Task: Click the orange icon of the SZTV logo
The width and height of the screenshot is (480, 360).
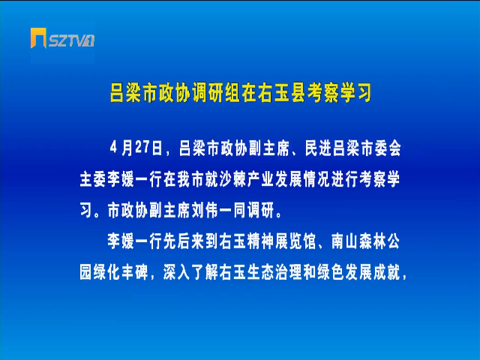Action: [38, 38]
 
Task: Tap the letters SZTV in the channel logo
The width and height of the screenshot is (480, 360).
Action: [67, 40]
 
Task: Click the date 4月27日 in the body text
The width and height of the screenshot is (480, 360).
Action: [136, 148]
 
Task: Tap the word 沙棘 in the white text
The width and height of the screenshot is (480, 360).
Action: [233, 179]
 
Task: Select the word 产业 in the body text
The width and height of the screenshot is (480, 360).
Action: [261, 179]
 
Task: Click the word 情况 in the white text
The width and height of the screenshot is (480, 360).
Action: [317, 179]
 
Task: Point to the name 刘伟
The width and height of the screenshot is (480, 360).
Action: [205, 210]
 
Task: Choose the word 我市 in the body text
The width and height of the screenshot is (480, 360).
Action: [191, 179]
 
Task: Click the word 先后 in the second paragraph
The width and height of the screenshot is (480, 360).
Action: [177, 241]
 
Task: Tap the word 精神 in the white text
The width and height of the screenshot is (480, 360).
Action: [261, 241]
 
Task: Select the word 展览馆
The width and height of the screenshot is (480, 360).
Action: [295, 241]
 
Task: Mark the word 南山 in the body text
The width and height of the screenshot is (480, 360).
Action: [345, 241]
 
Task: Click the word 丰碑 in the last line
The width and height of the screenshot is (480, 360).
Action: [135, 271]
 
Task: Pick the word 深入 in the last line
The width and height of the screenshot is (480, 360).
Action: [177, 271]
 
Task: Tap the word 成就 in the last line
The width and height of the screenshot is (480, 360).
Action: [387, 271]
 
